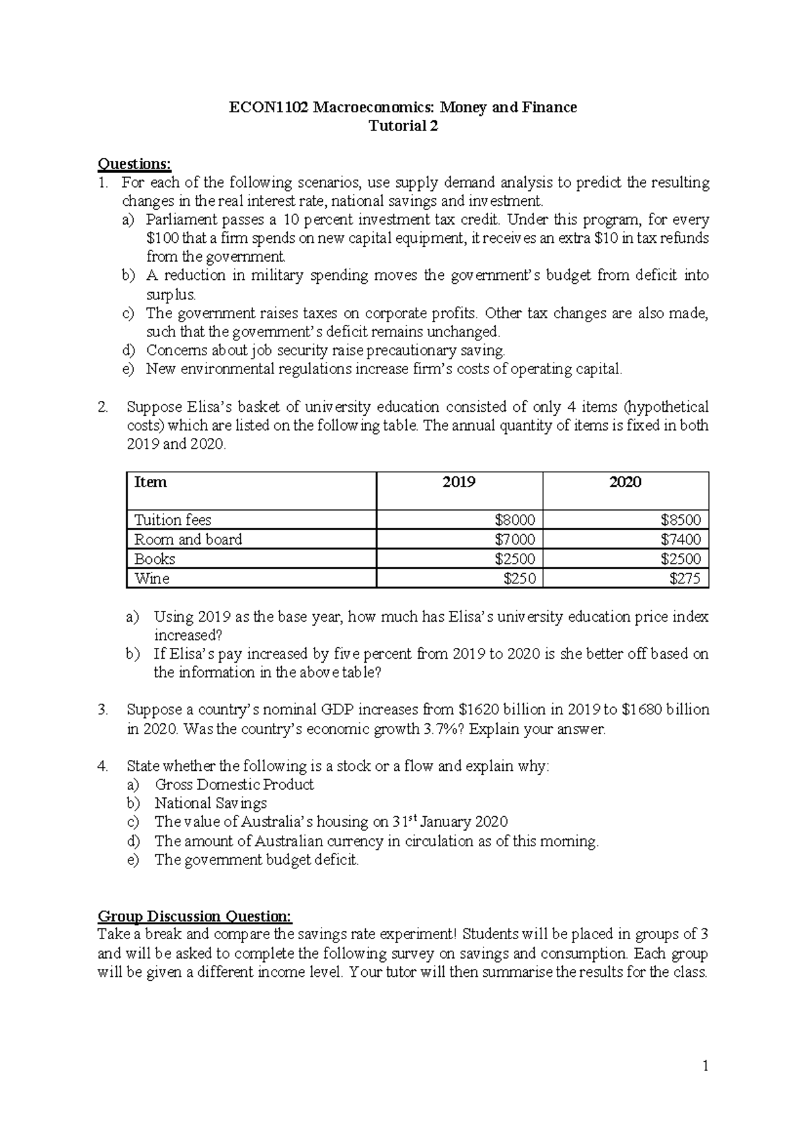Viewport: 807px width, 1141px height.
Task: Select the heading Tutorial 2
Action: tap(403, 126)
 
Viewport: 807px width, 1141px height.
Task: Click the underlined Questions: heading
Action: tap(134, 163)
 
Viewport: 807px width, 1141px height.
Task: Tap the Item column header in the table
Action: tap(151, 482)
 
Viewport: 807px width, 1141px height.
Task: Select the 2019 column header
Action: tap(459, 482)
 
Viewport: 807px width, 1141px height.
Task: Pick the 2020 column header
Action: tap(625, 482)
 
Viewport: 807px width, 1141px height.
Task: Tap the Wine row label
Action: tap(152, 579)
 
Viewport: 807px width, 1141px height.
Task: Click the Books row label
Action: tap(155, 559)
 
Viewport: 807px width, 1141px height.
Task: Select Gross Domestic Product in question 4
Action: tap(234, 784)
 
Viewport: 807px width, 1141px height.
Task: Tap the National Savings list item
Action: tap(210, 803)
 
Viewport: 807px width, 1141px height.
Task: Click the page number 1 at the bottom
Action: tap(705, 1066)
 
